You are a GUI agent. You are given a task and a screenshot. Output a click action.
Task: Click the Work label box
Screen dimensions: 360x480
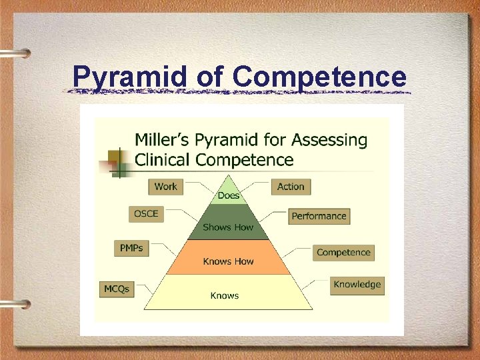(165, 187)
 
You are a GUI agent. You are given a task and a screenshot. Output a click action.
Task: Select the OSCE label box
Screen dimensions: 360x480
(146, 214)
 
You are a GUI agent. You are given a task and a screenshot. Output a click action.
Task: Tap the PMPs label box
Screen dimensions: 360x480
(131, 248)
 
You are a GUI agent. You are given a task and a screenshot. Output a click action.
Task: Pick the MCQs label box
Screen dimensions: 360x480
(117, 289)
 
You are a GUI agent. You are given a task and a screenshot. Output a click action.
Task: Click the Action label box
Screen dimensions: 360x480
(291, 187)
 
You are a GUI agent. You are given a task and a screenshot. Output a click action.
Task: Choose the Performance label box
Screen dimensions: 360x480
(319, 216)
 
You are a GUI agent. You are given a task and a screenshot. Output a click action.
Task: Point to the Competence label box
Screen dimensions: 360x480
(343, 253)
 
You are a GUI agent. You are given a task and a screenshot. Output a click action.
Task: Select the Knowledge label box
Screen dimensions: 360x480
(357, 285)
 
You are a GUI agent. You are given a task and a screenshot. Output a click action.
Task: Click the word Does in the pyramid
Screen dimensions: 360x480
(229, 195)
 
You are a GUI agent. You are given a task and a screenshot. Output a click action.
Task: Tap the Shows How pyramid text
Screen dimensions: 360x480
(228, 227)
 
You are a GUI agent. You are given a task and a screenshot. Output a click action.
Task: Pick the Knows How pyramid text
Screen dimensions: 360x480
(228, 261)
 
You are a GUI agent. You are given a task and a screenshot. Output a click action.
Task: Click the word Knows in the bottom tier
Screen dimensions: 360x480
(225, 295)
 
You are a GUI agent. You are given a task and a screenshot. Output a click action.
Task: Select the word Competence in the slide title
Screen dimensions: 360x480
(319, 77)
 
